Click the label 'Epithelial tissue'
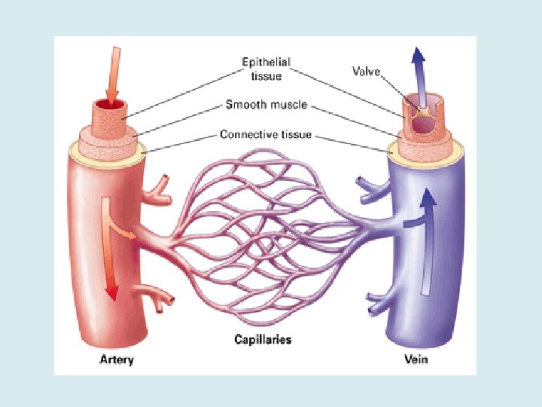coord(266,67)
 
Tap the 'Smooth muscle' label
coord(266,105)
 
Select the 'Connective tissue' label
coord(266,135)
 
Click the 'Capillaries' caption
coord(263,340)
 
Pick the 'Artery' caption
coord(117,360)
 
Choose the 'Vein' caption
coord(416,360)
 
